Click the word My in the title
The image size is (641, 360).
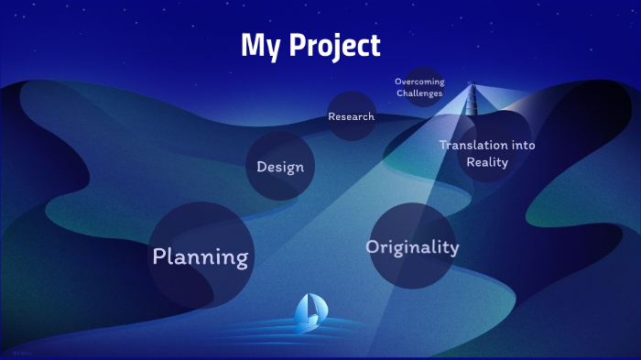[260, 46]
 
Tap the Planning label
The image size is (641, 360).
[201, 256]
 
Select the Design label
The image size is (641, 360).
[280, 167]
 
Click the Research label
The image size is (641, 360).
[352, 116]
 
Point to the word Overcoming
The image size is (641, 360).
[419, 82]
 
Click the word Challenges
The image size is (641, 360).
[420, 93]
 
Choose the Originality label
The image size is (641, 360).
[412, 246]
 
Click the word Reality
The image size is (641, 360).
[487, 162]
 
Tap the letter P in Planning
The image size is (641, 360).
[159, 256]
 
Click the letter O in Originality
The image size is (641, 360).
[373, 246]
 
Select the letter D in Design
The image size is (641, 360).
[262, 167]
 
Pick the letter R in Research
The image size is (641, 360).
[332, 116]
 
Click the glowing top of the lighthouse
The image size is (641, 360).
[473, 88]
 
